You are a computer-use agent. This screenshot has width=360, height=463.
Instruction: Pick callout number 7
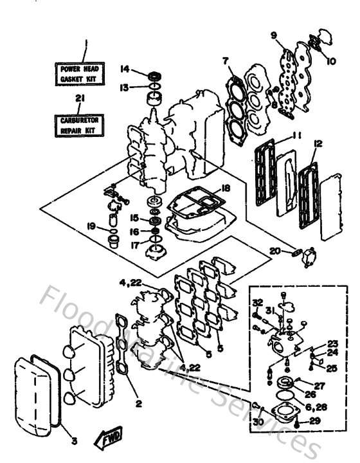point(226,61)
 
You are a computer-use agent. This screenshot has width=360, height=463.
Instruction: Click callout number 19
point(92,226)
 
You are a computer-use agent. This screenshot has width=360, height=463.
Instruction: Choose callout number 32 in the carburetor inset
point(258,302)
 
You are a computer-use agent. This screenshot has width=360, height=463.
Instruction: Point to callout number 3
point(73,441)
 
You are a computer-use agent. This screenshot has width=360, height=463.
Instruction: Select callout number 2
point(139,404)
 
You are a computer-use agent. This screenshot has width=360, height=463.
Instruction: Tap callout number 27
point(319,386)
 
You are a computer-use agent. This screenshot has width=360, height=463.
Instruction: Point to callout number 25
point(332,368)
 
